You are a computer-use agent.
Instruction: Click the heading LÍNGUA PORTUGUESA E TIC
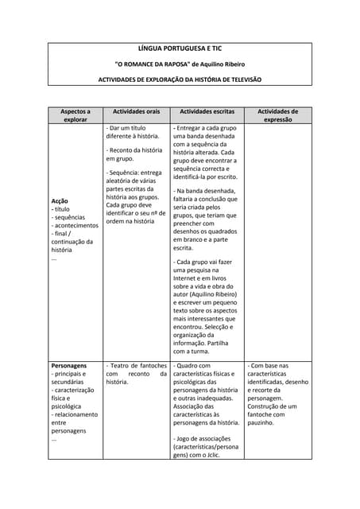point(180,49)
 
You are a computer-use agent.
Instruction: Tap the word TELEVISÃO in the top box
point(242,80)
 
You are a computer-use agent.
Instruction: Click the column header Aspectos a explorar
point(75,115)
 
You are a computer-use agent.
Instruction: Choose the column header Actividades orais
point(137,111)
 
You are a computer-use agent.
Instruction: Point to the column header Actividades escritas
point(207,111)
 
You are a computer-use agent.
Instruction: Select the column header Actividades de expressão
point(277,115)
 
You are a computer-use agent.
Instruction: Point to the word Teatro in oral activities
point(123,366)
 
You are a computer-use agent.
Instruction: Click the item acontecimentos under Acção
point(78,225)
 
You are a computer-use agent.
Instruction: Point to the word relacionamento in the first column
point(76,414)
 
